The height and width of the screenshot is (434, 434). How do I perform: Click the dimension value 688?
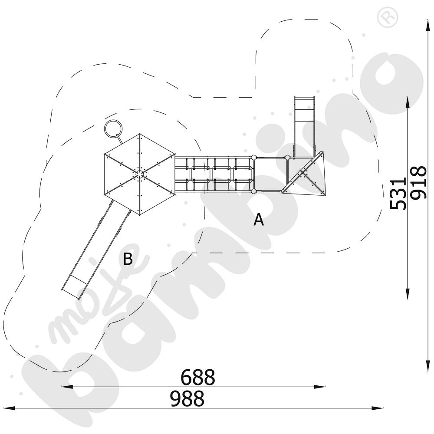(x=197, y=377)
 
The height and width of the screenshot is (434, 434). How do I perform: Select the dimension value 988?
(x=187, y=398)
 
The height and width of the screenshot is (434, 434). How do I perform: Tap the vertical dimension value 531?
(x=398, y=194)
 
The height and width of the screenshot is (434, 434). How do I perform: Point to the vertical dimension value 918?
(x=418, y=183)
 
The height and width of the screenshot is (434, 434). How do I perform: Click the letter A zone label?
(x=259, y=220)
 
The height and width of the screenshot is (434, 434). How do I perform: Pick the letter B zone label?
(x=128, y=260)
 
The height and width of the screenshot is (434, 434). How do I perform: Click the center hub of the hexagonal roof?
(x=140, y=174)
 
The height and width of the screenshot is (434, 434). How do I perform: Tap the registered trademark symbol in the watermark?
(x=388, y=17)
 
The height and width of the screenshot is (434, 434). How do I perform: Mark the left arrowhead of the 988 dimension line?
(x=8, y=408)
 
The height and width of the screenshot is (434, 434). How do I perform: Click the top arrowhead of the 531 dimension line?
(x=408, y=102)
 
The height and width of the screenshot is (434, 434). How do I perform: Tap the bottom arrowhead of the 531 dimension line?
(x=408, y=294)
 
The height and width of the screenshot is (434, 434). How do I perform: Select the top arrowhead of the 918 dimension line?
(x=428, y=26)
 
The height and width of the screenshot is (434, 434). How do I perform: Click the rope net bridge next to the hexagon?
(x=214, y=174)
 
